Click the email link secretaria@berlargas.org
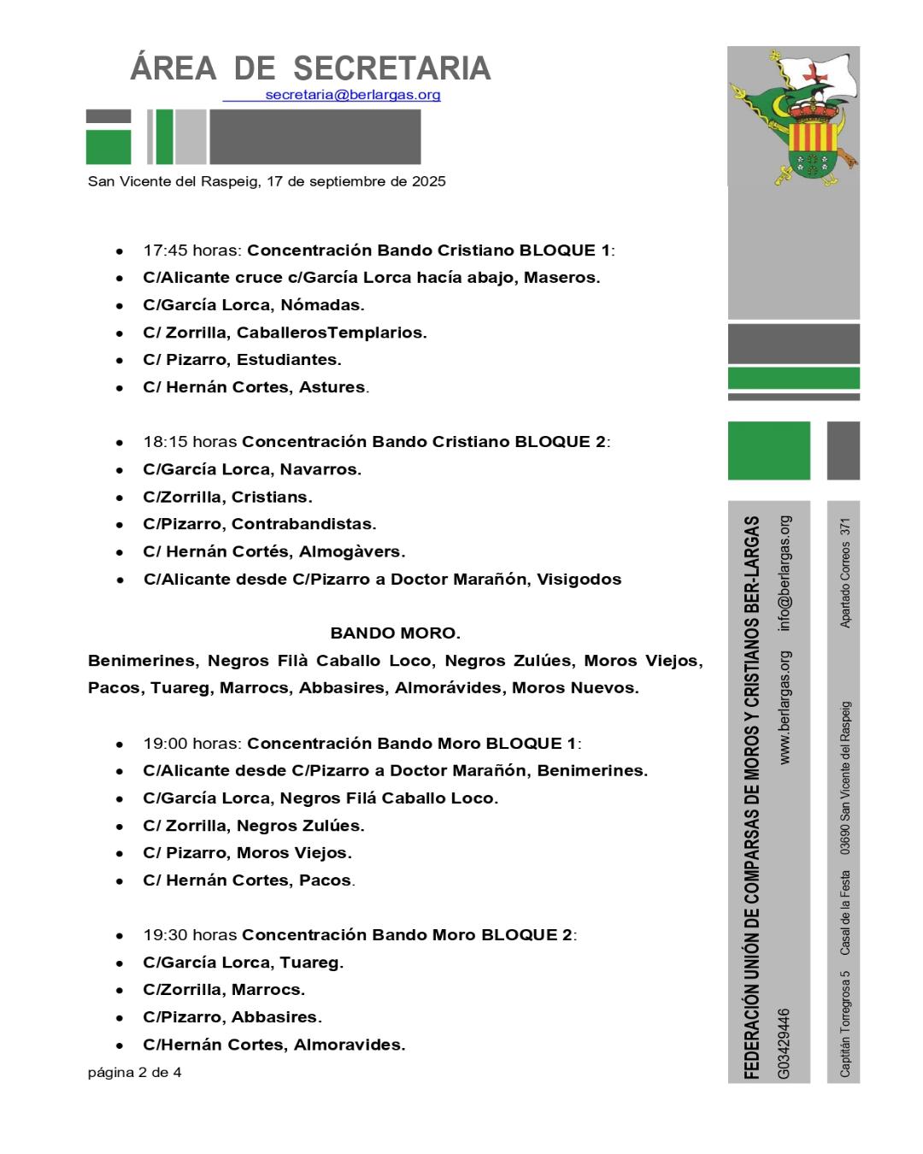[353, 95]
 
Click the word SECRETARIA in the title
[392, 68]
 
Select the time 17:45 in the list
[165, 250]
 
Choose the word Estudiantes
[289, 360]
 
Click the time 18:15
[165, 442]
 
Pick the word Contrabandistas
[303, 524]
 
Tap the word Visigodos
[579, 579]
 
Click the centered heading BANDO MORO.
[395, 633]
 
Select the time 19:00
[165, 744]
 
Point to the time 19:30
[165, 935]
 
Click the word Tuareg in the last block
[311, 963]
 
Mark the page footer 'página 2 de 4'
[134, 1072]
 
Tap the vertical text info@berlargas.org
[785, 574]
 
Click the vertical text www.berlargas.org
[785, 708]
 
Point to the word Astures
[333, 387]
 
